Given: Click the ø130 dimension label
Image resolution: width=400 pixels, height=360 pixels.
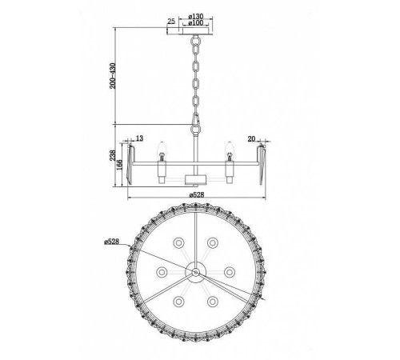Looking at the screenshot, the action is click(x=196, y=17).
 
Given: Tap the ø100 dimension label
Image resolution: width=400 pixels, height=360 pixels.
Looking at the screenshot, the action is click(x=196, y=23).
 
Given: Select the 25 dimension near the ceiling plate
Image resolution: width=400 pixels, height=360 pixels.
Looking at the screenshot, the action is click(x=171, y=21).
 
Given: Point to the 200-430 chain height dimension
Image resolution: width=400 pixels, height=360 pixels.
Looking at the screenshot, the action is click(x=113, y=76).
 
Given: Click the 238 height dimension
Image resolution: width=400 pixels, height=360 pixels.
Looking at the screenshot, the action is click(x=113, y=155).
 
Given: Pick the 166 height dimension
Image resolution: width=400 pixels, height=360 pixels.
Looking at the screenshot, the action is click(x=119, y=165).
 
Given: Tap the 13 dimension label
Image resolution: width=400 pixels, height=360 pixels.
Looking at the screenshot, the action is click(x=139, y=138).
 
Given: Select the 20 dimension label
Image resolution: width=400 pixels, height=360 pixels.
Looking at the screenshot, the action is click(x=251, y=138).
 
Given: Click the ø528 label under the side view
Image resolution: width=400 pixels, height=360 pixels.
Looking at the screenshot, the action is click(x=197, y=195).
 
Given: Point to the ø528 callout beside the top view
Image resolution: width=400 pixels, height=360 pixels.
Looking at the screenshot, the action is click(x=111, y=242).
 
